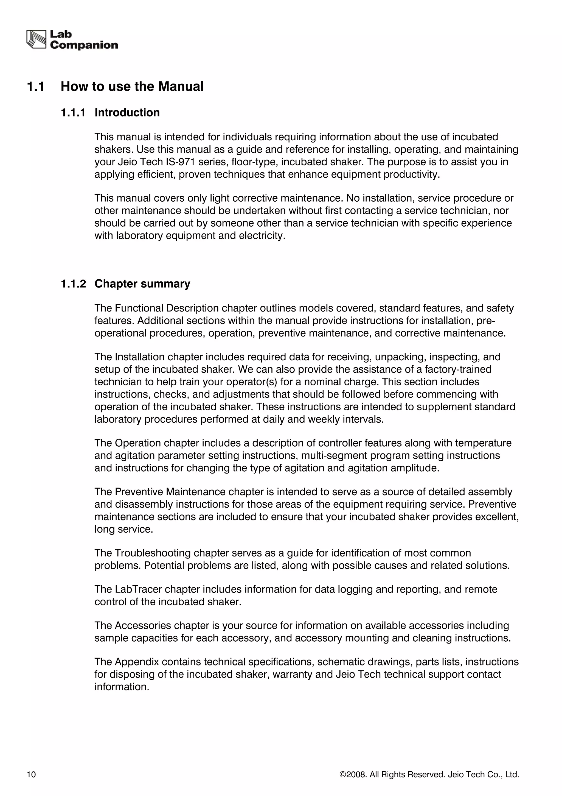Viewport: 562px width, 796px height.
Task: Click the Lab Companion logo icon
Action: [36, 40]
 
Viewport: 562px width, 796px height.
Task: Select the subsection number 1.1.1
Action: [73, 113]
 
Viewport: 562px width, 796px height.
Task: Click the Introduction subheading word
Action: [127, 113]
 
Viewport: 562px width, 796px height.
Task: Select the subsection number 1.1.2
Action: [73, 283]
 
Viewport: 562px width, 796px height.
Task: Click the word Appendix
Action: [136, 662]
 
